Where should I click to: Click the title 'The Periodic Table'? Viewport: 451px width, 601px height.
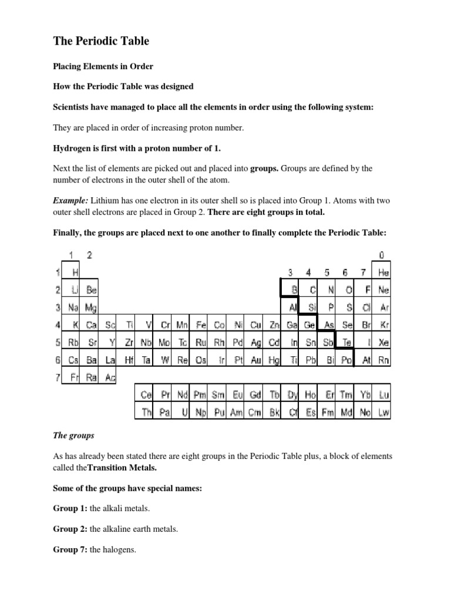(x=101, y=40)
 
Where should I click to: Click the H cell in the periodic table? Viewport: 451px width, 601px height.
(x=74, y=272)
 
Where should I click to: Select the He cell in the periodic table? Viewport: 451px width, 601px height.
(x=383, y=272)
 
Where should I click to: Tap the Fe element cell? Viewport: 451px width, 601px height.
(x=200, y=325)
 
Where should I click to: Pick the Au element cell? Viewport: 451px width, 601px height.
(x=255, y=360)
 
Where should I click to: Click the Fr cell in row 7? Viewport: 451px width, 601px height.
(x=74, y=377)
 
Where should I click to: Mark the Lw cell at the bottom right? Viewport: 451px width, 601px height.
(x=383, y=413)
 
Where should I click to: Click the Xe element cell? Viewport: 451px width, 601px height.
(x=383, y=342)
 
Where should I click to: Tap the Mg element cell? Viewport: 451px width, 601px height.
(x=90, y=307)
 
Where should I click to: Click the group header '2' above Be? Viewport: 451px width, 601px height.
(x=89, y=255)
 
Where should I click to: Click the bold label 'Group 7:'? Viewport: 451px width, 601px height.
(x=70, y=550)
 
